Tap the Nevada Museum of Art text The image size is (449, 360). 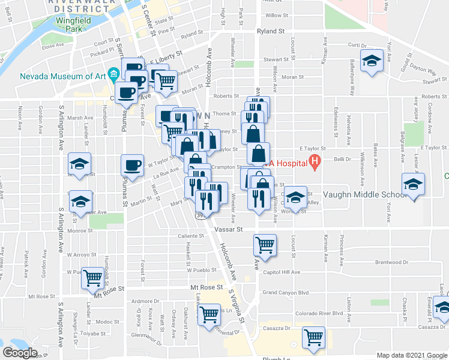click(x=60, y=76)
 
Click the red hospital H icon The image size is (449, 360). click(x=313, y=161)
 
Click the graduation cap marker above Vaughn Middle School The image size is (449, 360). click(x=413, y=184)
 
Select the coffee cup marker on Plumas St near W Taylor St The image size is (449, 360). click(x=132, y=165)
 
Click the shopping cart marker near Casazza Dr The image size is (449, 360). click(x=313, y=338)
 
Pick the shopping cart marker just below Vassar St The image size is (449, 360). click(x=265, y=245)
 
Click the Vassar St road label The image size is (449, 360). click(x=228, y=229)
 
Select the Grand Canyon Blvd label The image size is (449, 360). click(x=285, y=293)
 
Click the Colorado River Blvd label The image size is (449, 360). click(x=320, y=313)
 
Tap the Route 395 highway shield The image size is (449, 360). click(x=199, y=214)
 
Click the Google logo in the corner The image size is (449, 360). click(x=20, y=352)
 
